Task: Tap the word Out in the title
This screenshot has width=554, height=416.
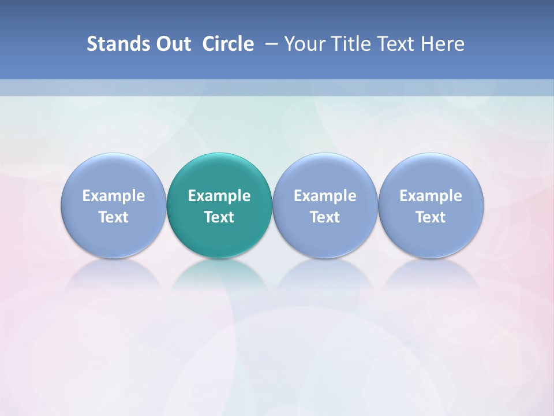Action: pyautogui.click(x=172, y=44)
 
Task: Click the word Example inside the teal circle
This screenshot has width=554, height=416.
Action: pyautogui.click(x=219, y=196)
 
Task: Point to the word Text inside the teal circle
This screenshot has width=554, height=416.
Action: pyautogui.click(x=219, y=217)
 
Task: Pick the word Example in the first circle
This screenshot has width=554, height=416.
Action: pyautogui.click(x=114, y=196)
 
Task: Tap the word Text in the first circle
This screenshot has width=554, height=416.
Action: pyautogui.click(x=114, y=217)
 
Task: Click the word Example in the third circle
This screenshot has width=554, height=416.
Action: pyautogui.click(x=325, y=196)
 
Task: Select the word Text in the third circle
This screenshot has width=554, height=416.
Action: pyautogui.click(x=325, y=217)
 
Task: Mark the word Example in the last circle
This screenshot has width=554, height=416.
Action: pyautogui.click(x=431, y=196)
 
